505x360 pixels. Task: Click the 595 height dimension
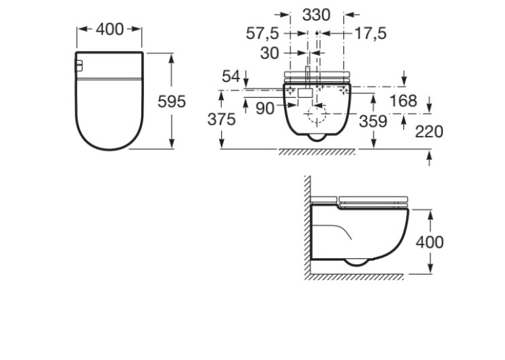[x=172, y=102]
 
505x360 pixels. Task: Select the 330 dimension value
[x=316, y=15]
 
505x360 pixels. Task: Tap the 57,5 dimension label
[x=262, y=34]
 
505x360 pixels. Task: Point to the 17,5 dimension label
[x=370, y=34]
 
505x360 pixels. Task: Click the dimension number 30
[x=269, y=54]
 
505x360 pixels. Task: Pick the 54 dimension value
[x=231, y=77]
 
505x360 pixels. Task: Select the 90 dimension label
[x=265, y=108]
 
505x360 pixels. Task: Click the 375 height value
[x=222, y=120]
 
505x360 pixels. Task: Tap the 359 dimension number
[x=373, y=122]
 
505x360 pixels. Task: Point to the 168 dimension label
[x=403, y=101]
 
